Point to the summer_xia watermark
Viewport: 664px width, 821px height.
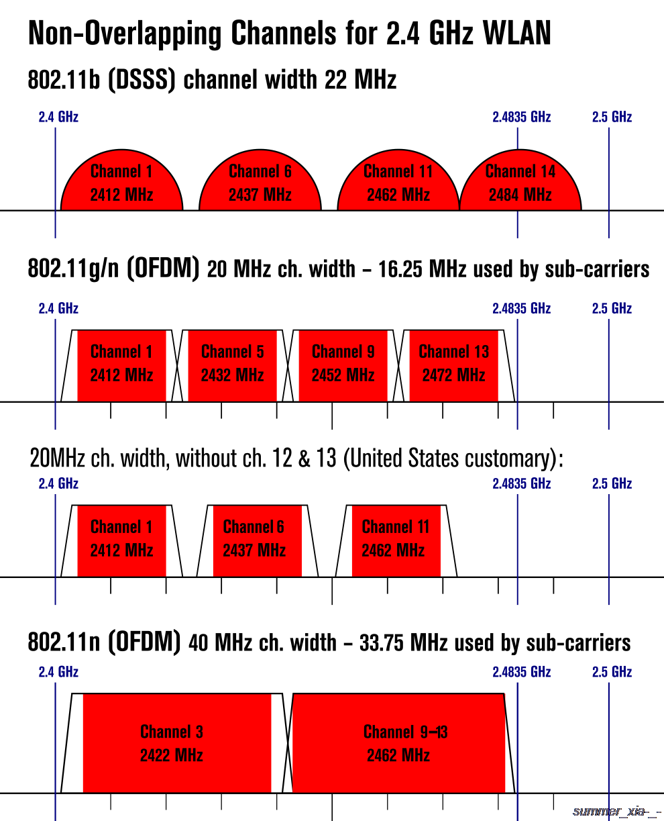pos(617,812)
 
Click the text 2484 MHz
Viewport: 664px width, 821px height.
pos(520,195)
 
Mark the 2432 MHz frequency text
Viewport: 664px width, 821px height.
pos(232,375)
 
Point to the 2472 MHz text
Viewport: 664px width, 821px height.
pos(453,375)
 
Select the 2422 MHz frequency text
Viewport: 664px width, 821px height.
pos(172,755)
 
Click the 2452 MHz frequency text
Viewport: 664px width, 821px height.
pos(343,375)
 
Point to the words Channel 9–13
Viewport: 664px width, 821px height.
pos(405,732)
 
